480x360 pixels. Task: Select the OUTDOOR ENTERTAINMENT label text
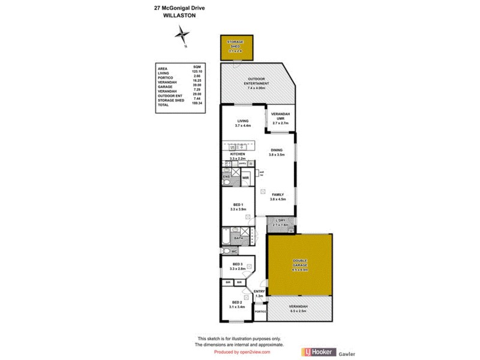[256, 86]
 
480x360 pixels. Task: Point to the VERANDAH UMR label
[280, 118]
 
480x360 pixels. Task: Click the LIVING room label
[242, 123]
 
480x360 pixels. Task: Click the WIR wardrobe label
[245, 178]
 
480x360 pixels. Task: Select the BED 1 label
[238, 207]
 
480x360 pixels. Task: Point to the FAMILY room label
[277, 197]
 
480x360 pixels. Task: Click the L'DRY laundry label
[280, 223]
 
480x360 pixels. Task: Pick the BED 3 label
[238, 266]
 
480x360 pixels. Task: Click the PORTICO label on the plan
[260, 311]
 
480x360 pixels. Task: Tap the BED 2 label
[236, 304]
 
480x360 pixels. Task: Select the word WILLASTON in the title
[179, 16]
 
